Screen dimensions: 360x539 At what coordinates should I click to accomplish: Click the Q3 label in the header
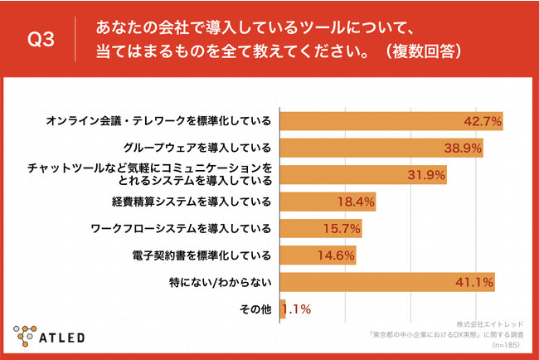point(41,39)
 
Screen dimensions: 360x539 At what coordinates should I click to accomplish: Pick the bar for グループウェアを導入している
point(381,148)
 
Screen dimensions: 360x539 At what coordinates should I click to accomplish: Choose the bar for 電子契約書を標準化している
point(318,255)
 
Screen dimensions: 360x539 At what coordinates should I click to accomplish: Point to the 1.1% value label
point(297,309)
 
